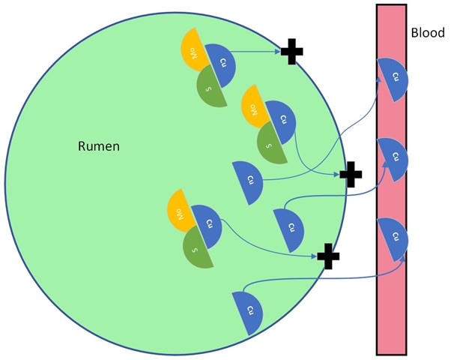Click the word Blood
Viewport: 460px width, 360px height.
(x=428, y=33)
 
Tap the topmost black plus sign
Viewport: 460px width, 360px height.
(x=292, y=52)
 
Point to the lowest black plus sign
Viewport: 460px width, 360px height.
(x=328, y=256)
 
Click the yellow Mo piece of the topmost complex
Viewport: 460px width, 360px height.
(x=194, y=50)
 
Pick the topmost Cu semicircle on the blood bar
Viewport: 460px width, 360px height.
(x=394, y=78)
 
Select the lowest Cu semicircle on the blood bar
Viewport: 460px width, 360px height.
(x=394, y=237)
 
